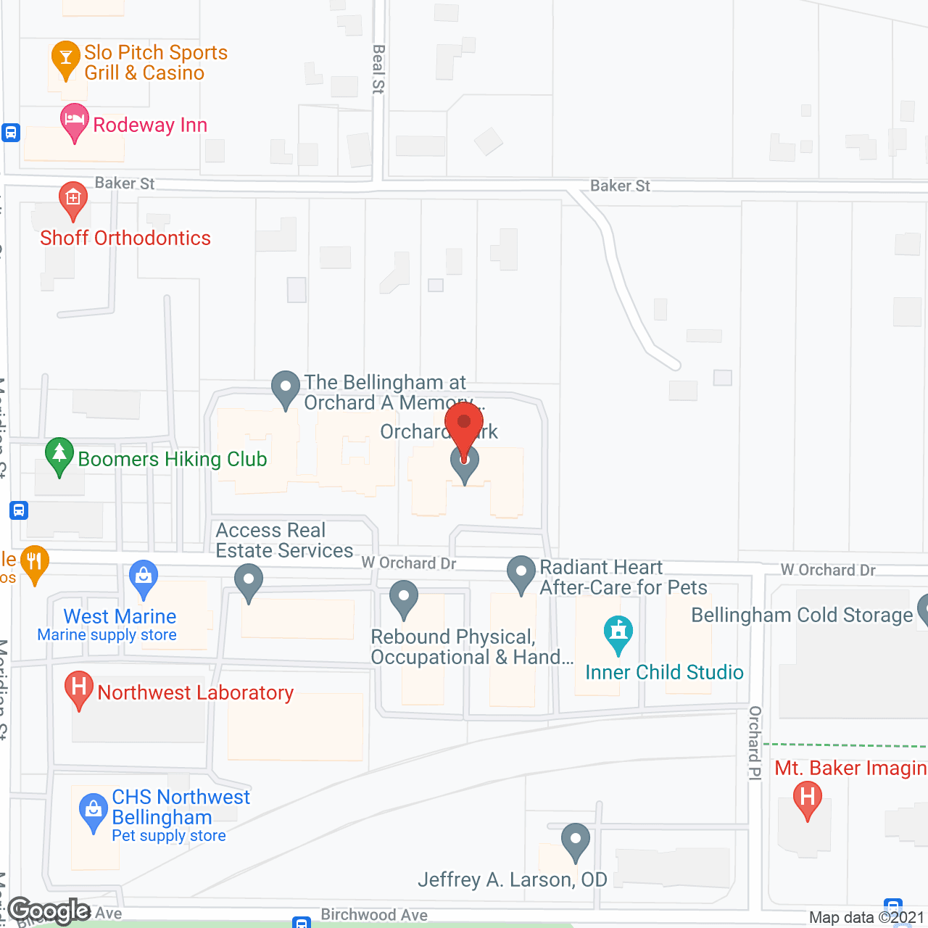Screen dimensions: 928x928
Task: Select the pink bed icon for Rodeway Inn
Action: click(x=74, y=120)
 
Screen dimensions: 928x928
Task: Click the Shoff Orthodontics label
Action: click(x=125, y=238)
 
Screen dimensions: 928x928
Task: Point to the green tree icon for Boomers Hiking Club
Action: click(x=59, y=455)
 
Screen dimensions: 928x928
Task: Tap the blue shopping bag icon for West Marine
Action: click(x=143, y=578)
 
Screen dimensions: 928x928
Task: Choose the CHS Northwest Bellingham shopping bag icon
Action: click(x=93, y=811)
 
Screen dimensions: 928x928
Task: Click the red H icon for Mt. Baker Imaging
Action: click(x=807, y=798)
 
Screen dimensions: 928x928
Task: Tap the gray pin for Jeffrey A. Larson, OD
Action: click(x=575, y=840)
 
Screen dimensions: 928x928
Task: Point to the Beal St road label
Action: click(x=378, y=69)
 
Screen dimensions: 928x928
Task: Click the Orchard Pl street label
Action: click(x=755, y=742)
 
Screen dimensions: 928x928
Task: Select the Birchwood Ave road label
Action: click(x=374, y=915)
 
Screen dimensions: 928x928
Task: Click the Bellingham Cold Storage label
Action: click(x=802, y=615)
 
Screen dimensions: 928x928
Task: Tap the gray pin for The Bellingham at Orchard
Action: click(x=286, y=388)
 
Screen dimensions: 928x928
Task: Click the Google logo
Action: click(x=49, y=911)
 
